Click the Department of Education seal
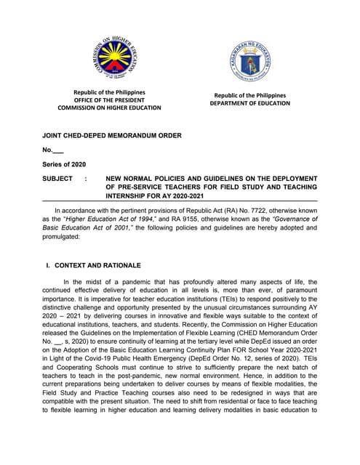[x=249, y=62]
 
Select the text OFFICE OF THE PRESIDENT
[x=110, y=100]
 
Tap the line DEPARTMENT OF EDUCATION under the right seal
[x=249, y=103]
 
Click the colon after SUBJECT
[x=86, y=177]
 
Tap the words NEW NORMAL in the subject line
[x=131, y=177]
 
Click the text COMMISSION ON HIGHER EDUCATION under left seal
[x=110, y=108]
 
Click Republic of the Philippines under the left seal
[x=110, y=92]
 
